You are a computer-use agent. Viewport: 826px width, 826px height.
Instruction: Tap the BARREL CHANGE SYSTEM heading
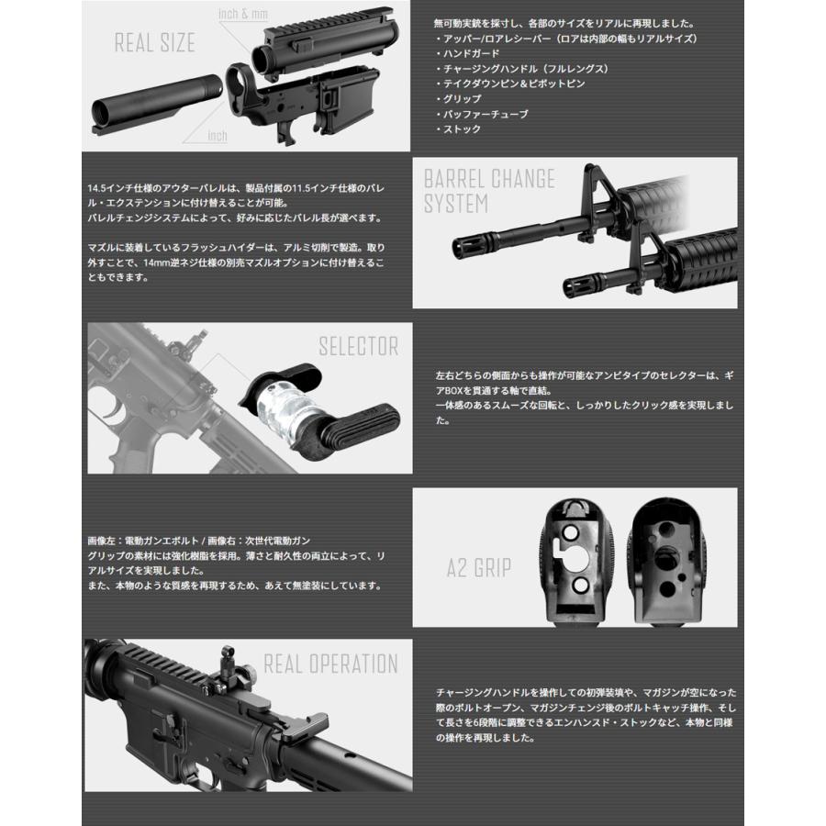[488, 190]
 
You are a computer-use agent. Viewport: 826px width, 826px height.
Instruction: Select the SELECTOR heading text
[358, 347]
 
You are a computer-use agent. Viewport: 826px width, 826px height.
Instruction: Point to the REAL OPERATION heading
[330, 664]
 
